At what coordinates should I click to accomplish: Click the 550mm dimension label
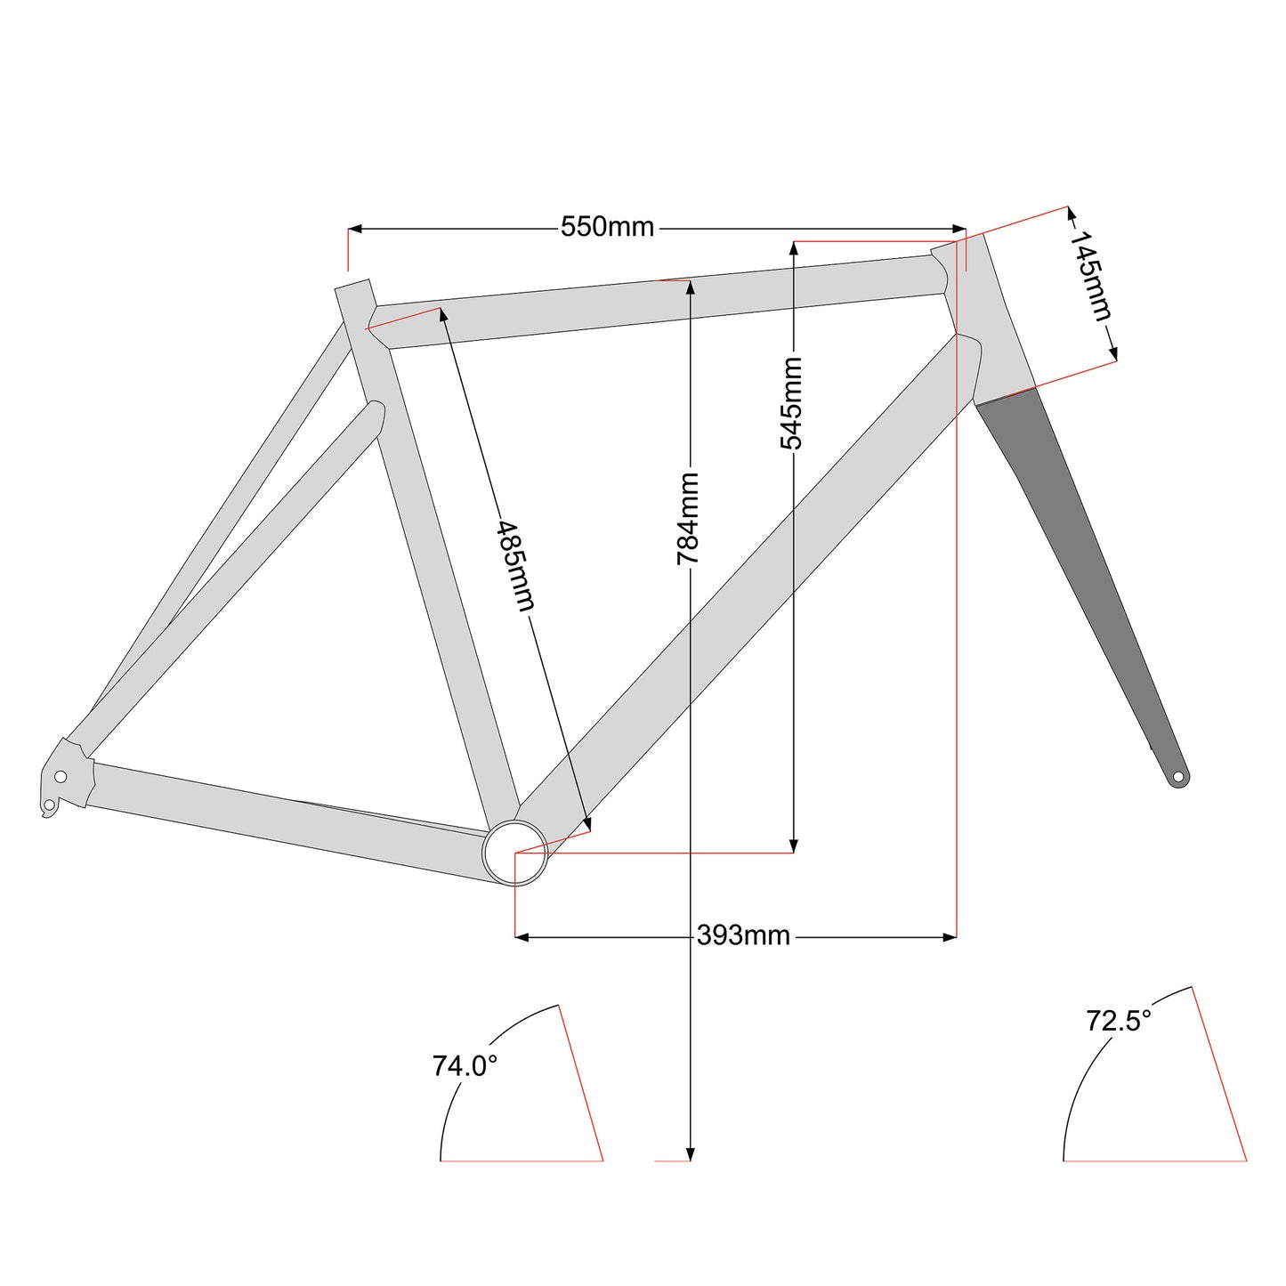(607, 228)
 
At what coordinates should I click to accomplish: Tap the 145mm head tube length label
(1090, 275)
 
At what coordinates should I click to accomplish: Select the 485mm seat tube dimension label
(516, 565)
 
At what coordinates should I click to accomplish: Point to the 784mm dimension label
(687, 519)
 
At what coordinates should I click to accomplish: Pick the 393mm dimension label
(743, 935)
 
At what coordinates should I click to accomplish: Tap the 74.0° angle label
(465, 1066)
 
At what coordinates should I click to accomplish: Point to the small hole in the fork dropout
(1178, 777)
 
